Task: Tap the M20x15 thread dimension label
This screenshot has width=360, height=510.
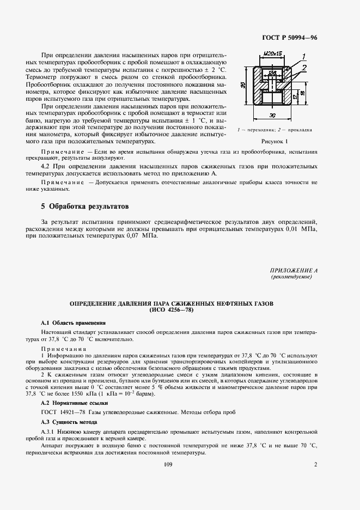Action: (271, 54)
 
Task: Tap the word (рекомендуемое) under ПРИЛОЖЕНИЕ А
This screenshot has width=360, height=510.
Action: (291, 277)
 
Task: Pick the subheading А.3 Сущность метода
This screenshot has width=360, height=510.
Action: (69, 422)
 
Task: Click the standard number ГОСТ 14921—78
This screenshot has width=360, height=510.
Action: (63, 412)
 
